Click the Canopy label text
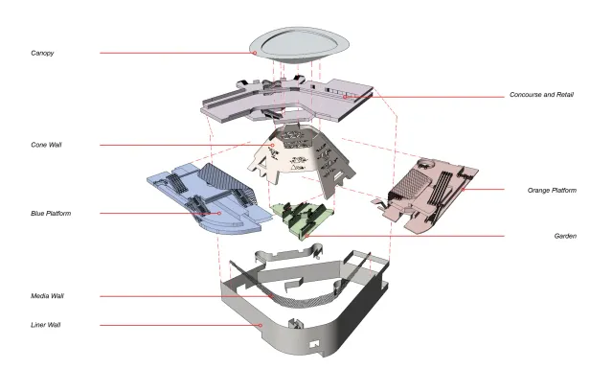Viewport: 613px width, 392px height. [x=42, y=53]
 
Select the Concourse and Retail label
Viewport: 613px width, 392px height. [x=541, y=94]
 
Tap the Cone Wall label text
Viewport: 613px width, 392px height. [x=46, y=145]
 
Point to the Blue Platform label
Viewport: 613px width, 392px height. [x=51, y=213]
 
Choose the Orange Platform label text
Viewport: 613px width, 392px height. [x=552, y=190]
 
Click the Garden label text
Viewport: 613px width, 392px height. [x=565, y=236]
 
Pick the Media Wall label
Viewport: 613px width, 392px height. [x=47, y=296]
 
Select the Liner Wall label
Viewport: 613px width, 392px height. [x=45, y=325]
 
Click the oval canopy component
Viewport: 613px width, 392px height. [x=299, y=45]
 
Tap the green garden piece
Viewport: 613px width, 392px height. [x=303, y=219]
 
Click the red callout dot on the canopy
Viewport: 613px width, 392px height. [x=255, y=53]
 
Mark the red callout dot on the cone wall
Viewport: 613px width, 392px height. [x=272, y=145]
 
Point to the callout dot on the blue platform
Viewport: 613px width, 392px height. [x=219, y=213]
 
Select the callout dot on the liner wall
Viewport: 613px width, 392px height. [x=261, y=325]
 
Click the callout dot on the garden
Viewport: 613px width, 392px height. [x=306, y=236]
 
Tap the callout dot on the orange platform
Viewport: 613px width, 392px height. [x=463, y=190]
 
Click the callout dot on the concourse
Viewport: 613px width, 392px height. [x=345, y=97]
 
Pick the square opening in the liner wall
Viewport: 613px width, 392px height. [x=314, y=344]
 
